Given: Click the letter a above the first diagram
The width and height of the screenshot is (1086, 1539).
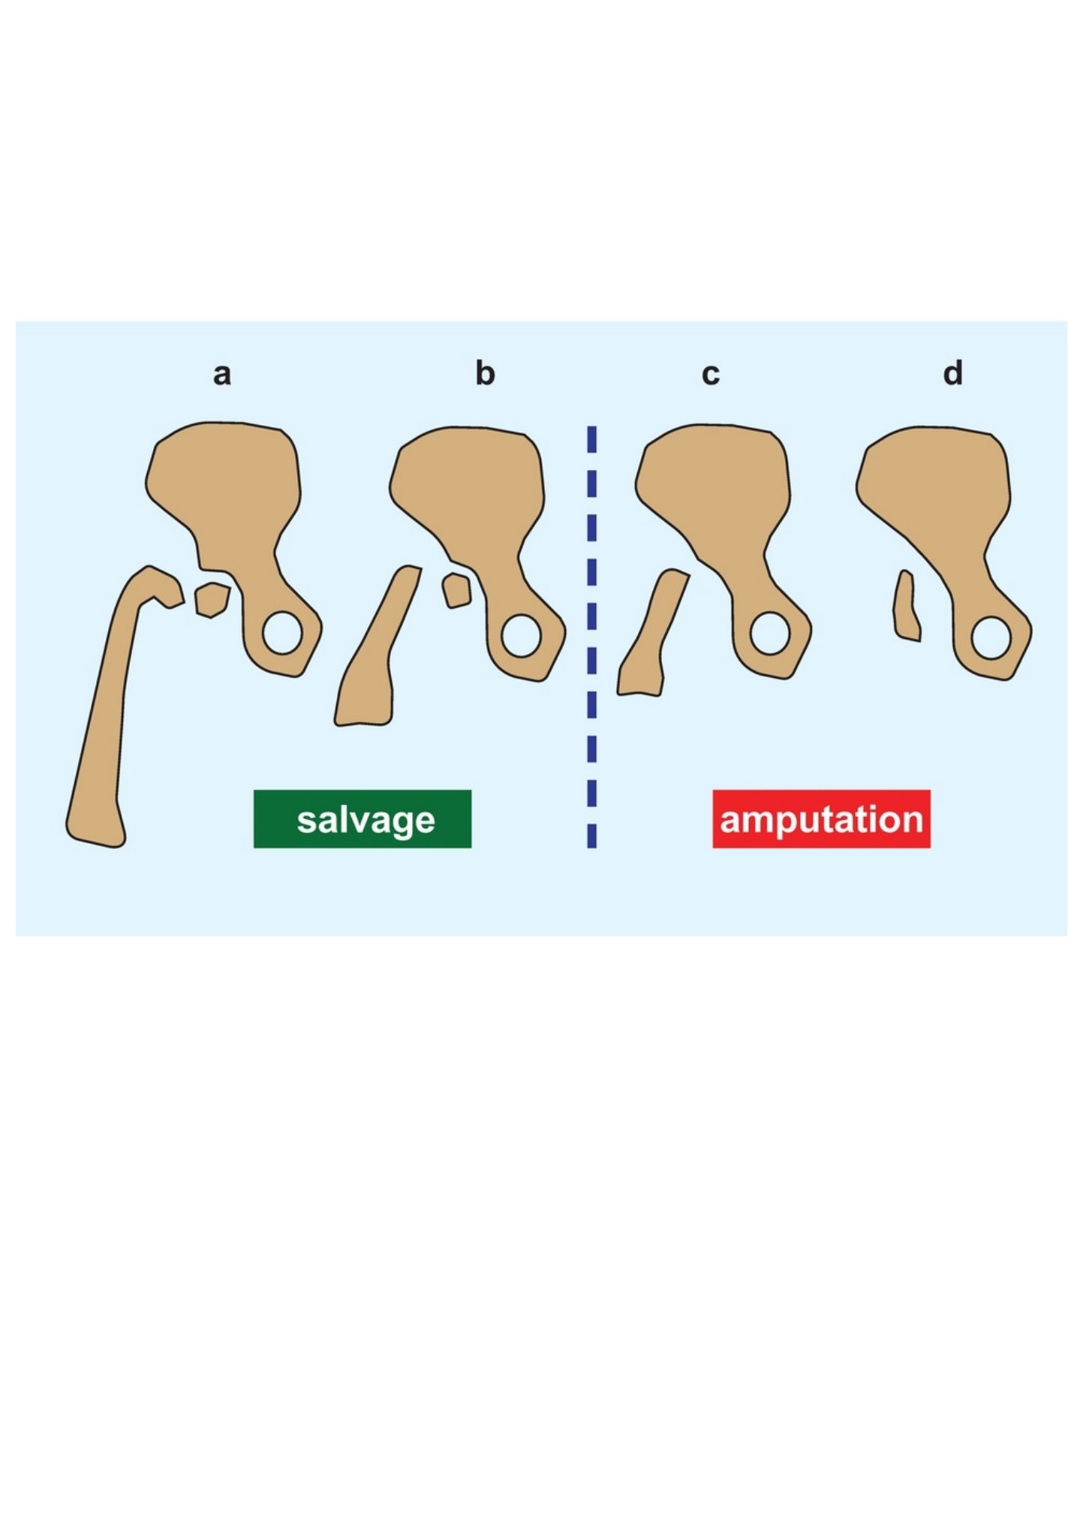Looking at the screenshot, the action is pyautogui.click(x=221, y=374).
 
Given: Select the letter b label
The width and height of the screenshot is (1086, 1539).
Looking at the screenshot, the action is pyautogui.click(x=485, y=372).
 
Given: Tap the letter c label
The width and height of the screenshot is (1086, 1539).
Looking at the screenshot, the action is pyautogui.click(x=710, y=374).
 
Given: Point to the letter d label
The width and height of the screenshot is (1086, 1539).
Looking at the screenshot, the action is pyautogui.click(x=952, y=372).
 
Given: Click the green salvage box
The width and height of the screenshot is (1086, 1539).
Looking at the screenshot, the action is pyautogui.click(x=363, y=819).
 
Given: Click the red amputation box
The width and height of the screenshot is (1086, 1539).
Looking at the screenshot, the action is pyautogui.click(x=821, y=819).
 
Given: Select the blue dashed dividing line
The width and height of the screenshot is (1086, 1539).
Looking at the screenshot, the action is pyautogui.click(x=592, y=637).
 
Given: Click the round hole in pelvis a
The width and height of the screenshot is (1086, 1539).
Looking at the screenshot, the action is pyautogui.click(x=282, y=633).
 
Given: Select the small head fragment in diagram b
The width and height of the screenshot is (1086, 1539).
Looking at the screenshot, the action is pyautogui.click(x=456, y=591).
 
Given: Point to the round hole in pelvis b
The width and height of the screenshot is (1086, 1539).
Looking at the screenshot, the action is pyautogui.click(x=521, y=637).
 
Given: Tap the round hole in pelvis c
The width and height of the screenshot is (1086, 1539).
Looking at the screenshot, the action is pyautogui.click(x=769, y=634).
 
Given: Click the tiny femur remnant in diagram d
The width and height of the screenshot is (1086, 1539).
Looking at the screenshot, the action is pyautogui.click(x=906, y=607).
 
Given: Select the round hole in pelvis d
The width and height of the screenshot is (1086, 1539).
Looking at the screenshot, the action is pyautogui.click(x=991, y=638).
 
